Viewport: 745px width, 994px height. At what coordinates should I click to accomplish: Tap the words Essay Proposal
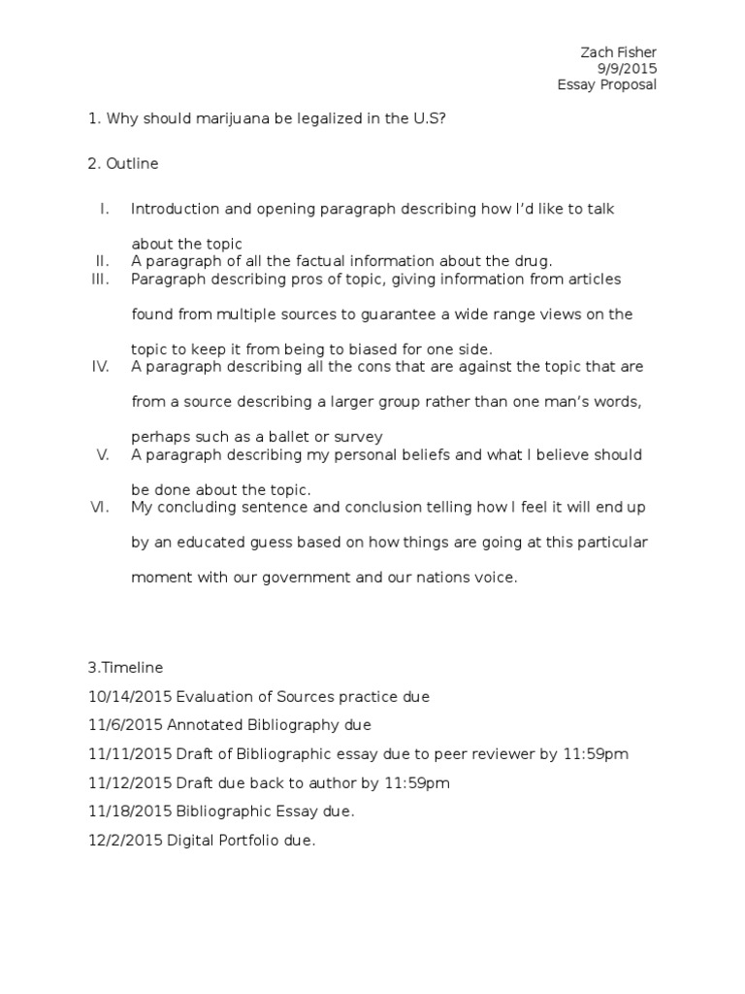(x=606, y=84)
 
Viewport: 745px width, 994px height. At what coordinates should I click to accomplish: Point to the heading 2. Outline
(x=123, y=164)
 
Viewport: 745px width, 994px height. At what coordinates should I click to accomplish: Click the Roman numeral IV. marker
(x=100, y=367)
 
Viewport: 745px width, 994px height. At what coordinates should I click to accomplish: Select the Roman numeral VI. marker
(x=100, y=508)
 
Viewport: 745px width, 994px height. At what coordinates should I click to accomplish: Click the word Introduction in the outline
(x=170, y=209)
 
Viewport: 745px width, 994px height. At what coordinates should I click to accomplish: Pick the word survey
(x=358, y=437)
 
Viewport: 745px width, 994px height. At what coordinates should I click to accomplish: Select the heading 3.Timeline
(x=125, y=668)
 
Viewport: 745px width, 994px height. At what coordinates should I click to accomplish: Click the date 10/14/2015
(x=123, y=697)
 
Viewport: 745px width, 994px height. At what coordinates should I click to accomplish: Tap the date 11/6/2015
(x=119, y=725)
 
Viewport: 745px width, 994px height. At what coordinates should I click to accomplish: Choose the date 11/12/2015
(x=123, y=782)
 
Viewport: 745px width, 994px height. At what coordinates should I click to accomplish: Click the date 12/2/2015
(x=119, y=841)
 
